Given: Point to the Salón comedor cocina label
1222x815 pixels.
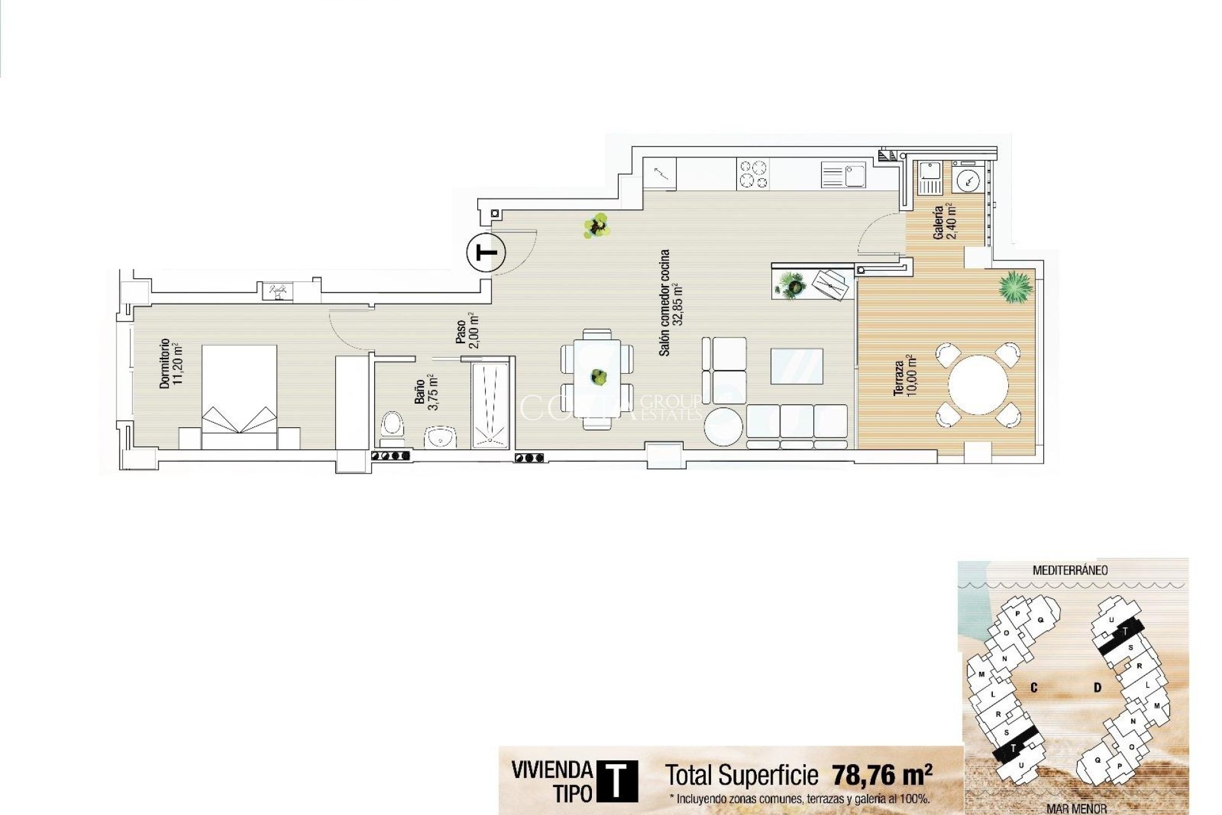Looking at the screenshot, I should click(670, 302).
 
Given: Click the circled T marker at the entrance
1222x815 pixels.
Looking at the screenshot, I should click(486, 253).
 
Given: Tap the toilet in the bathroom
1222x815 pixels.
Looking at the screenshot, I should click(392, 426).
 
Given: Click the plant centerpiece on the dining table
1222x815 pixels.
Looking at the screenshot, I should click(597, 378).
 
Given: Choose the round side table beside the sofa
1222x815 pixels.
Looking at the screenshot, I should click(724, 426).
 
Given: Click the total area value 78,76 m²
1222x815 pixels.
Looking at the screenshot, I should click(881, 776).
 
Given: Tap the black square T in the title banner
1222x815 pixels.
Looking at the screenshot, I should click(616, 781).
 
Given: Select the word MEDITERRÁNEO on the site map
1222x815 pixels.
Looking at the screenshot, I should click(1070, 570).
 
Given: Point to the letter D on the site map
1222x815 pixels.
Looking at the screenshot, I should click(1097, 688).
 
